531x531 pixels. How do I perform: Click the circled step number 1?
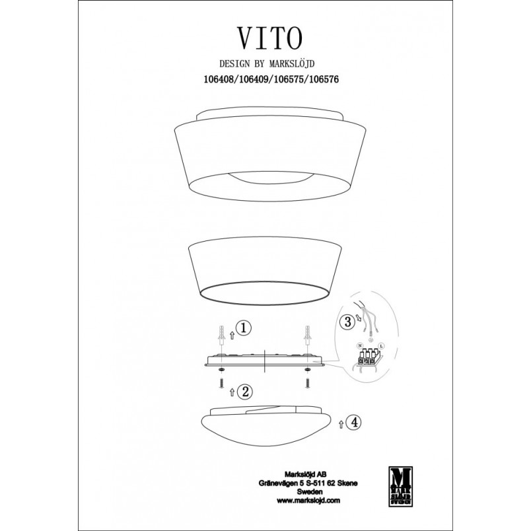coord(244,328)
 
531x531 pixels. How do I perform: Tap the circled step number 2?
coord(245,392)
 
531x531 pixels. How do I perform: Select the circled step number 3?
coord(347,322)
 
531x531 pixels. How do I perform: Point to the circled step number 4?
coord(354,422)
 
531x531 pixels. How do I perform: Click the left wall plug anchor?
coord(221,334)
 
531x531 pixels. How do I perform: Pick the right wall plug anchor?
coord(308,334)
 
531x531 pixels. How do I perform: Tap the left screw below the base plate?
coord(221,382)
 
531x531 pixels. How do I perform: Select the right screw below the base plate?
coord(308,382)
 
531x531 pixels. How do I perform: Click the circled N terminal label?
coord(360,346)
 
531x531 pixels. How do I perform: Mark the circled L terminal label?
coord(382,346)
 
